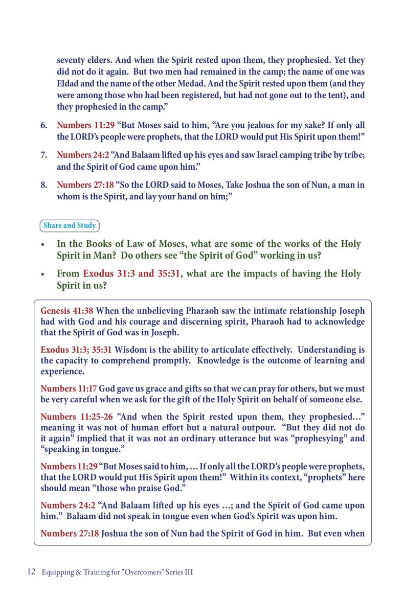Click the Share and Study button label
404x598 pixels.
[70, 225]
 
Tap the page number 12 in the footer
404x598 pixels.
[31, 572]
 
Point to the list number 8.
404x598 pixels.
[44, 185]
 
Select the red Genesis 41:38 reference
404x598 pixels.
[67, 310]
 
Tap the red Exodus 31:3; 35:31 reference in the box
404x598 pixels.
[76, 350]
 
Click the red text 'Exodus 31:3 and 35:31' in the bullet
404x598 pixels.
[132, 274]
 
